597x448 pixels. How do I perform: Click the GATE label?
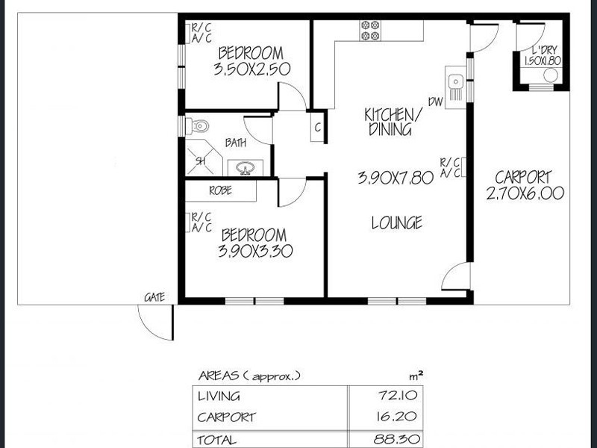[154, 297]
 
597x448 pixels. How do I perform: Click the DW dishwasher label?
[436, 102]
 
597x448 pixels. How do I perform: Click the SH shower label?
[200, 161]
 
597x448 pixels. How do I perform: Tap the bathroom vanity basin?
[241, 167]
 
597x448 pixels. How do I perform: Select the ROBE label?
[220, 190]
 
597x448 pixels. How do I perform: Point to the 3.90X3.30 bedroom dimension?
[254, 252]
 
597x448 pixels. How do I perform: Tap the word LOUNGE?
[397, 222]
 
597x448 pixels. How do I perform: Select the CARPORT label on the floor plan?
[523, 178]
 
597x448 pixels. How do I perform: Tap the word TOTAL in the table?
[217, 440]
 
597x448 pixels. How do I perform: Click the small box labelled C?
[317, 127]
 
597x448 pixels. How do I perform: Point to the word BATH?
[235, 142]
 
